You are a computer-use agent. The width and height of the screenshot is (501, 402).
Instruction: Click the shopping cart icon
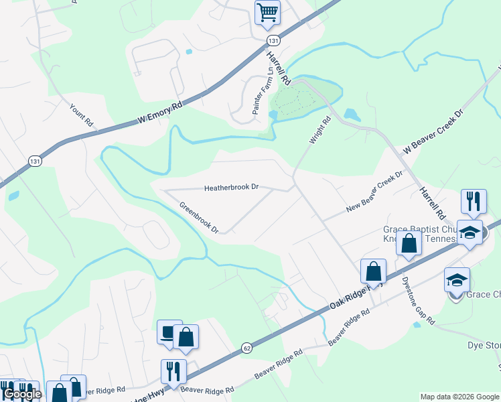tap(267, 13)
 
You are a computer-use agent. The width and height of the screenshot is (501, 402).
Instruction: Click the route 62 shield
tap(247, 348)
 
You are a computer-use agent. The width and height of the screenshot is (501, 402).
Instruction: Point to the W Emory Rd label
tap(160, 113)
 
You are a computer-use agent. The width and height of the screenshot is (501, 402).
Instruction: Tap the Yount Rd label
tap(81, 115)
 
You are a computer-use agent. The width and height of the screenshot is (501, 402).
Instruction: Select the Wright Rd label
tap(320, 131)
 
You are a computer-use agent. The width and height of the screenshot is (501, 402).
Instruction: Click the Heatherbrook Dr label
tap(231, 188)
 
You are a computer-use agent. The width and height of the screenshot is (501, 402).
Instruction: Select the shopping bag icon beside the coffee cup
tap(186, 337)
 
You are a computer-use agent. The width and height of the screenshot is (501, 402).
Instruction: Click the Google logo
tap(22, 394)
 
